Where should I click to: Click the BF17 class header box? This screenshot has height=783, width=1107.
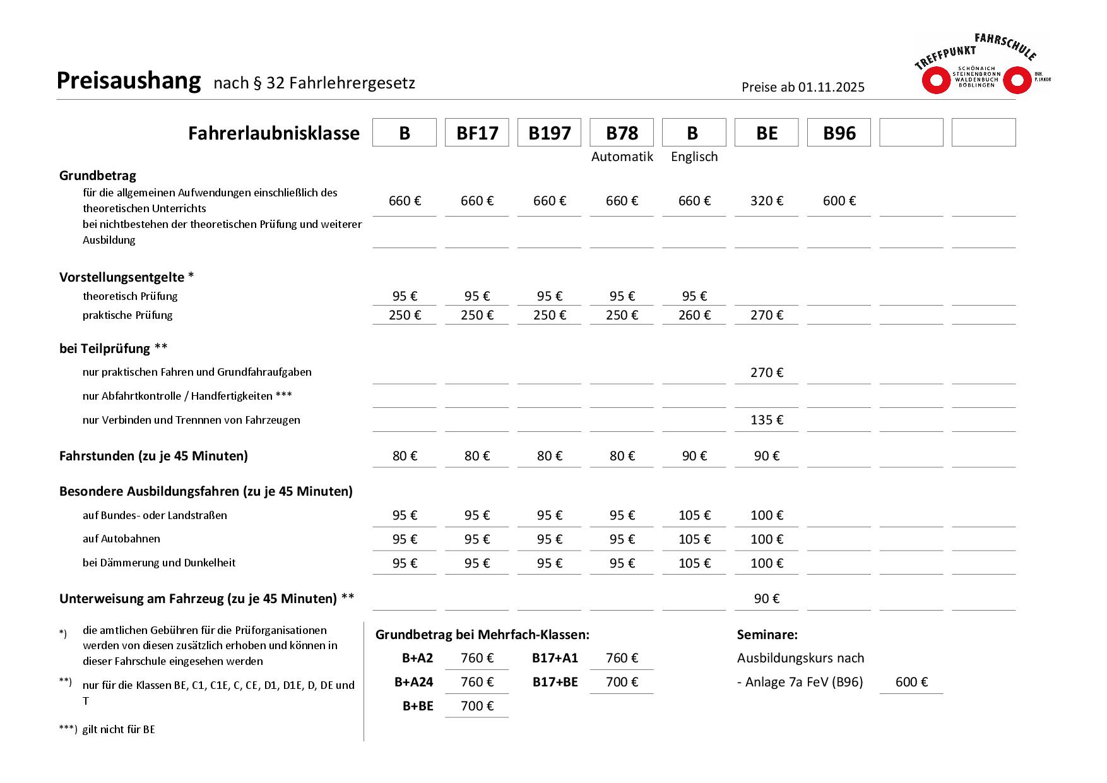[x=477, y=133]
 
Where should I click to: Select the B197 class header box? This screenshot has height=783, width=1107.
[x=549, y=133]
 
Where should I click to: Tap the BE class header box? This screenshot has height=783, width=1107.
[x=766, y=133]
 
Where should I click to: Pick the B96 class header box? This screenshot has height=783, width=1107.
[x=839, y=133]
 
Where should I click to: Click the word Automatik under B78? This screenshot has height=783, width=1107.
[x=622, y=157]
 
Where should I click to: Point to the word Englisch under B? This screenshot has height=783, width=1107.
[x=694, y=157]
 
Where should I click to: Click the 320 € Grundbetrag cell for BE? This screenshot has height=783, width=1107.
[x=766, y=201]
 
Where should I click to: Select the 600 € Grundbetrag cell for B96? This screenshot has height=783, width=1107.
[x=839, y=201]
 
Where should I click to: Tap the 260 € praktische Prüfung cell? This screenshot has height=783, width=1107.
[x=694, y=315]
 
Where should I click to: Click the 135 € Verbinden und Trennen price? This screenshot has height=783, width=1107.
[x=766, y=420]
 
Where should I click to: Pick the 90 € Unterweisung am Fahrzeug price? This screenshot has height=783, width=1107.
[x=766, y=599]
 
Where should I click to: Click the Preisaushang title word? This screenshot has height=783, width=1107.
[x=129, y=81]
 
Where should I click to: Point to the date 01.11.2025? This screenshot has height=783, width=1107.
[x=831, y=87]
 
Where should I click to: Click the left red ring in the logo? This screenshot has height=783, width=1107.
[x=936, y=81]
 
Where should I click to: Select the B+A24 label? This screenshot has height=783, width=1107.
[x=413, y=682]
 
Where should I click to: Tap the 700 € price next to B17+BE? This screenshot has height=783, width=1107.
[x=622, y=682]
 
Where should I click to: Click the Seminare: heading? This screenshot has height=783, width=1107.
[x=767, y=635]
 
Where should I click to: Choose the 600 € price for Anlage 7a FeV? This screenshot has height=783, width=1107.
[x=911, y=682]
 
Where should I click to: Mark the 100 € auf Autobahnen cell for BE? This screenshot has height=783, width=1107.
[x=766, y=539]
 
